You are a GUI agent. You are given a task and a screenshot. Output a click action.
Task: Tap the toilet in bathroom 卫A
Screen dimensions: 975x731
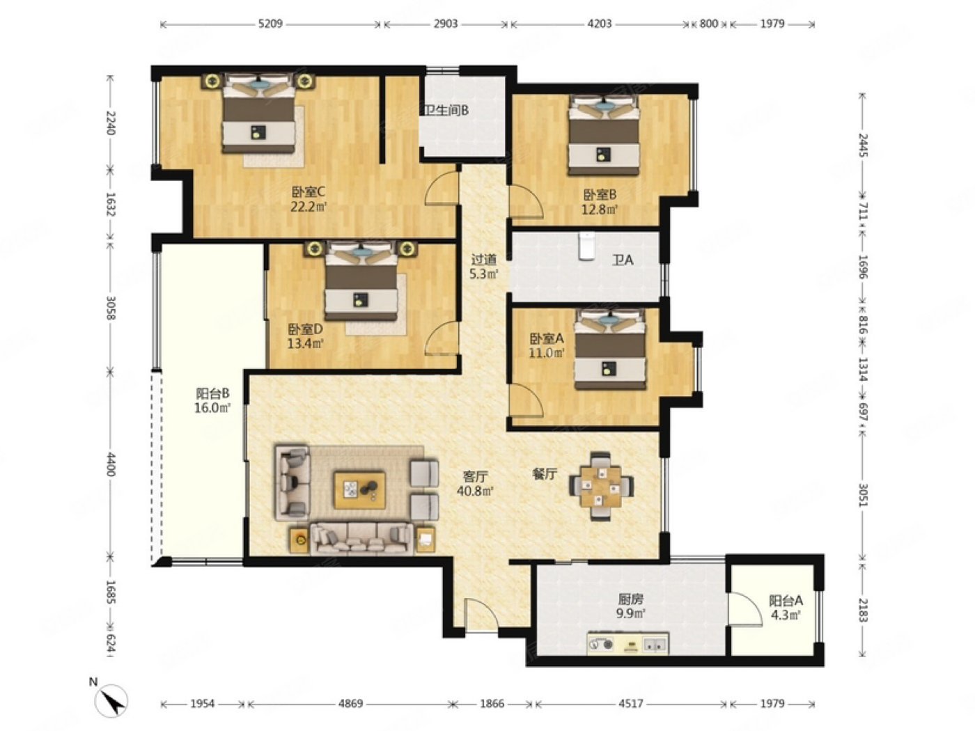click(x=587, y=246)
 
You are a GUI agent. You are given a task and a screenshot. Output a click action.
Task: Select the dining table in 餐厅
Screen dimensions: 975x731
click(x=602, y=487)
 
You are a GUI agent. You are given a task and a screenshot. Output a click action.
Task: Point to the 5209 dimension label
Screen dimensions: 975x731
click(x=270, y=24)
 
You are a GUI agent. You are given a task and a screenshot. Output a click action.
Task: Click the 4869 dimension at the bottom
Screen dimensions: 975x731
click(x=350, y=703)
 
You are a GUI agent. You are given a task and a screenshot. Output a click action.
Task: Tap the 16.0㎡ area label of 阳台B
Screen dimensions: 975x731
click(x=212, y=407)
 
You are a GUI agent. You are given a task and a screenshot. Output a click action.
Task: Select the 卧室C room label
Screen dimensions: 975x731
click(x=309, y=192)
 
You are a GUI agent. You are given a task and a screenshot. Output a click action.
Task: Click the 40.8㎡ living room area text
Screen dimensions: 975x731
click(x=475, y=491)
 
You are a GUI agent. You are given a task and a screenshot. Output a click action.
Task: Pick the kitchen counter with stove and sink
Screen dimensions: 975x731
click(x=627, y=643)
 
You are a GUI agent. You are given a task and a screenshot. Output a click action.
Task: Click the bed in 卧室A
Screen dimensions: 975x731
click(x=610, y=350)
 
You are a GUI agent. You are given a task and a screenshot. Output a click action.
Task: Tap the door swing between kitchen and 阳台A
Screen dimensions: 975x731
click(x=744, y=608)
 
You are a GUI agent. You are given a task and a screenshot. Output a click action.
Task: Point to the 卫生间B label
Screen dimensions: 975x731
click(x=446, y=110)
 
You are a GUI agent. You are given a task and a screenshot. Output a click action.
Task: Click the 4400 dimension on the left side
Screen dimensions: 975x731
click(x=111, y=464)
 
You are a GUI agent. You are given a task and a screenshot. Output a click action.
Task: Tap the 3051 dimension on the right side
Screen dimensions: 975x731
click(x=862, y=495)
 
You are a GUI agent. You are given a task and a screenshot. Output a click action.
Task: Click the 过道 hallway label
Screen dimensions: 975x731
click(x=483, y=260)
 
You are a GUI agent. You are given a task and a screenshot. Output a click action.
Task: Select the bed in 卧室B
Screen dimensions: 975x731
click(x=604, y=135)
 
